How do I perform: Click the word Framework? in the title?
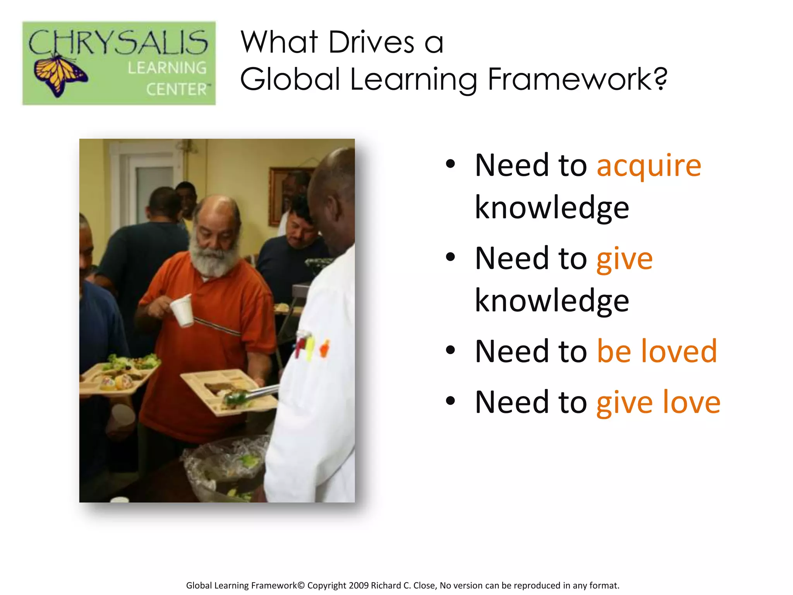(577, 79)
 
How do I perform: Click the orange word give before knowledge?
(624, 259)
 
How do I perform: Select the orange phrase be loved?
(657, 351)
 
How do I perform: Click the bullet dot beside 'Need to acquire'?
(450, 164)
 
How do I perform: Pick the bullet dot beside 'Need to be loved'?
(450, 350)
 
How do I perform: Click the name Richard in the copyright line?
(386, 585)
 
